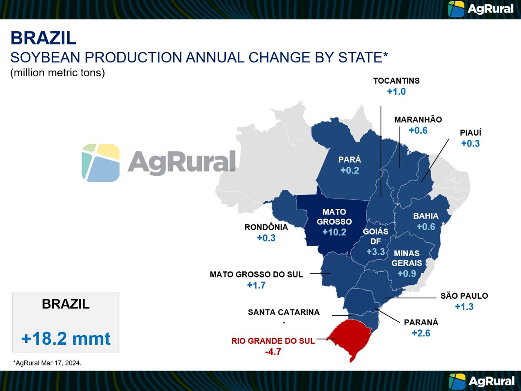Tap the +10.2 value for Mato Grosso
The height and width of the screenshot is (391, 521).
point(334,232)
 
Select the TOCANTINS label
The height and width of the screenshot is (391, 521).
point(396,81)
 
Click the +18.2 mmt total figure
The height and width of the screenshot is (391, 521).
point(66,338)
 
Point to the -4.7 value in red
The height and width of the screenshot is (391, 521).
point(273,352)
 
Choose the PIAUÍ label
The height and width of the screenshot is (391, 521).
point(470,133)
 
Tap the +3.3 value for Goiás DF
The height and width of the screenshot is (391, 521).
point(375,252)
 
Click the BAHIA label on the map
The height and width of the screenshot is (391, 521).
point(425,216)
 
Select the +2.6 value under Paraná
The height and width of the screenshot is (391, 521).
point(421,333)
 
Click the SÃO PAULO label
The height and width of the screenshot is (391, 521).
point(464,296)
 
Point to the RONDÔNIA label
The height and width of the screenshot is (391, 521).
point(266,227)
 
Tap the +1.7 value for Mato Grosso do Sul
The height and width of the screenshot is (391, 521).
point(256,285)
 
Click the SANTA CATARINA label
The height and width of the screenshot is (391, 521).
point(284,312)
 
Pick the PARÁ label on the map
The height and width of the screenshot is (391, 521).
point(350,160)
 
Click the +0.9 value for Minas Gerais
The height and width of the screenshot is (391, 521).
point(407,274)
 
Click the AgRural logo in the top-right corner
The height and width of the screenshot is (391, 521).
point(481,9)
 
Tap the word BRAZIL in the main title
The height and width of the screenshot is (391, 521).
point(43,38)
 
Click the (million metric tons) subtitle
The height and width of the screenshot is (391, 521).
point(58,73)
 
